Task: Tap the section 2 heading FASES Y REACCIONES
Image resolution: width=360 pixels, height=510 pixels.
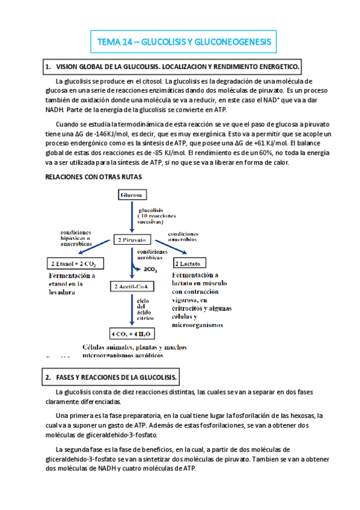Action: [x=111, y=378]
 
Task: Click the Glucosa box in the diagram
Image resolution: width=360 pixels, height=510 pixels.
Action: [x=131, y=196]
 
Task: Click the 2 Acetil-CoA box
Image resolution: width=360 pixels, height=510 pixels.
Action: [x=131, y=286]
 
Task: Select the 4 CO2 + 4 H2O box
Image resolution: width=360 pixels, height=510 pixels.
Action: [x=131, y=333]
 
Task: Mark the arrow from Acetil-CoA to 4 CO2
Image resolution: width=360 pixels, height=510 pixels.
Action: [x=131, y=310]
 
